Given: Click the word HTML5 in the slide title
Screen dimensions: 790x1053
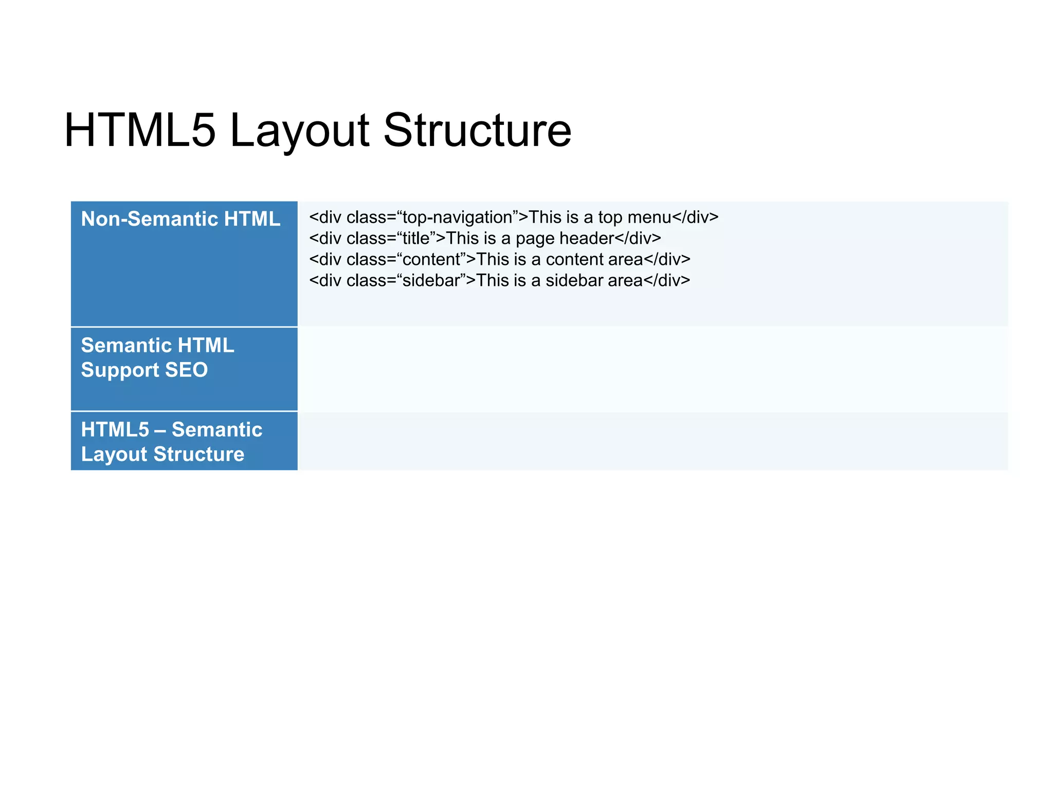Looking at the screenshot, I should click(139, 131).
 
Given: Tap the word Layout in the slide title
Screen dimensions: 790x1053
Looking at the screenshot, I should click(299, 131).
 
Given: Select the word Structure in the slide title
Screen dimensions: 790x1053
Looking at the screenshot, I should click(477, 131).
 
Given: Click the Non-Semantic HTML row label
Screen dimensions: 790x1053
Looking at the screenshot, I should click(180, 219).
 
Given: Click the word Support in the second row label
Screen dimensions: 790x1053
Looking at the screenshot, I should click(120, 370).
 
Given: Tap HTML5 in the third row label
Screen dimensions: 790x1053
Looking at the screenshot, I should click(115, 430).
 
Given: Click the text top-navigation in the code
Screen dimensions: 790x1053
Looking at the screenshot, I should click(457, 218).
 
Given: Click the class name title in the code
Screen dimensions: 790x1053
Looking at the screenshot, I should click(415, 239).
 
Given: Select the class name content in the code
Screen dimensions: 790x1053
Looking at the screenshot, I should click(431, 260).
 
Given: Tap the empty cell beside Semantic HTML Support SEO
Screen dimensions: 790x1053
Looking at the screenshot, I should click(652, 369).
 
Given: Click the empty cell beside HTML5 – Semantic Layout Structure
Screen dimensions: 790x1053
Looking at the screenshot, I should click(652, 441).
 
